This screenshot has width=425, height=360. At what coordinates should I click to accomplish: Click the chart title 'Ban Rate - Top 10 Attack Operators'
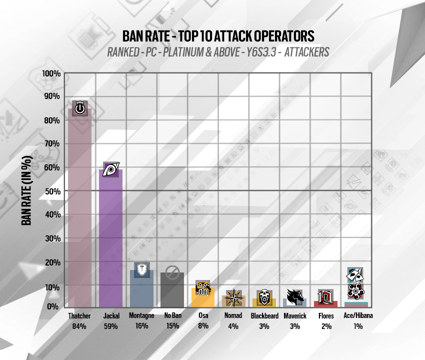coord(218,36)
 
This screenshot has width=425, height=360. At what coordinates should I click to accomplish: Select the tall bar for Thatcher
coord(79,207)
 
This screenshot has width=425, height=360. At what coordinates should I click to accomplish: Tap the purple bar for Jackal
coord(110,238)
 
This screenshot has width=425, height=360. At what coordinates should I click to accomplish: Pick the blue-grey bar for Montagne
coord(141,288)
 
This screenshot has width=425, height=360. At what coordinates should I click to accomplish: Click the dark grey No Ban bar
coord(172,290)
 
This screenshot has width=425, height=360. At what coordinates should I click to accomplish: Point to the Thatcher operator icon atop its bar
coord(79,108)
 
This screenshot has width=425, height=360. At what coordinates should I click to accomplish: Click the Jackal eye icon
coord(110,169)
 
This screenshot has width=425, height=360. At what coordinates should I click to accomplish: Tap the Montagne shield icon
coord(141,269)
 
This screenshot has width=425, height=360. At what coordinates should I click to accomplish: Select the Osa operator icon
coord(202,288)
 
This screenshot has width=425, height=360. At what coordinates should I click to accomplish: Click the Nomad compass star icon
coord(233,297)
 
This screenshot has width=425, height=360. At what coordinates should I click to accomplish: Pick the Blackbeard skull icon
coord(264,297)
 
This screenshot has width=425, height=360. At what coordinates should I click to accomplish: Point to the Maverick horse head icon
coord(295,296)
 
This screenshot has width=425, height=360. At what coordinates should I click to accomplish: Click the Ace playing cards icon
coord(355,275)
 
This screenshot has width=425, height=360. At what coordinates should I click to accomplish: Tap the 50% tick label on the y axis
coord(53,191)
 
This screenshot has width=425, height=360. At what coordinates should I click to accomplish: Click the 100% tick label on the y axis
coord(51,73)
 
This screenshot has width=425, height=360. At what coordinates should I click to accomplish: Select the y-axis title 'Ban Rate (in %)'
coord(26,190)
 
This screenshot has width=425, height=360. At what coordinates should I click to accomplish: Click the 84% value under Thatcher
coord(79,326)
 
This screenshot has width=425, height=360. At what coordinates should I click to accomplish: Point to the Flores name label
coord(326,316)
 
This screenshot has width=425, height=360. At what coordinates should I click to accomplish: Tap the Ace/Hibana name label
coord(358,315)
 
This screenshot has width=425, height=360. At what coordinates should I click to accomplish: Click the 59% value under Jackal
coord(111,326)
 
